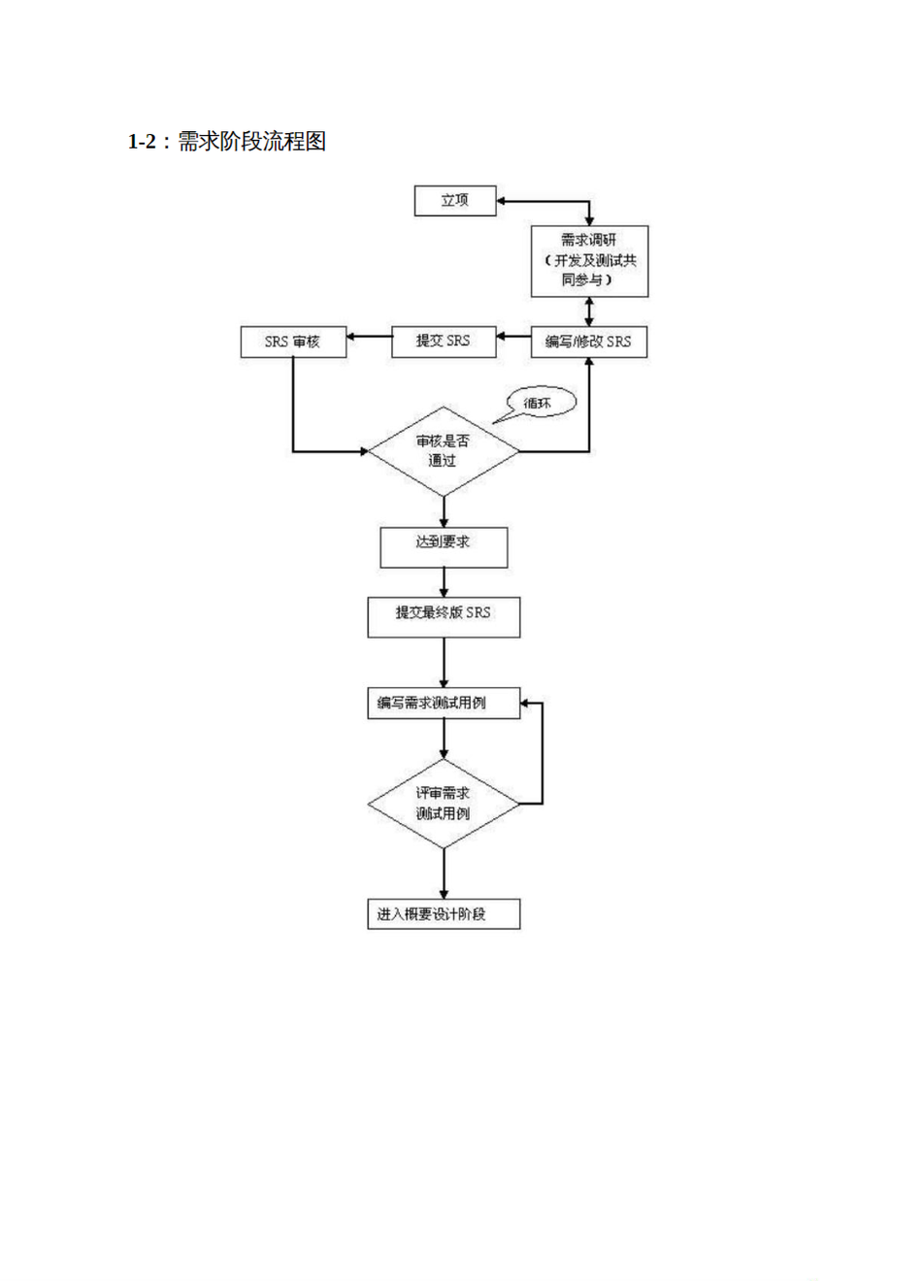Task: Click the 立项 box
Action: click(x=455, y=201)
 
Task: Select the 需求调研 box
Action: click(x=589, y=261)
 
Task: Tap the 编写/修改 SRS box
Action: click(x=588, y=342)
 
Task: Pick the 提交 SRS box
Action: click(x=443, y=342)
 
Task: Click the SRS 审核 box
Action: click(x=293, y=342)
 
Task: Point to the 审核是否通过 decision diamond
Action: click(x=444, y=451)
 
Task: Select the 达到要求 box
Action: click(x=444, y=547)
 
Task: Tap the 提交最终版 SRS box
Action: click(x=444, y=617)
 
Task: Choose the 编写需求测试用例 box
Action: click(x=444, y=703)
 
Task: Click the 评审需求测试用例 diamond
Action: click(x=444, y=804)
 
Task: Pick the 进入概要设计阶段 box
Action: click(x=444, y=914)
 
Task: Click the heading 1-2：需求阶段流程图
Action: click(x=227, y=142)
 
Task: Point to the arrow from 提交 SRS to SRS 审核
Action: click(x=369, y=338)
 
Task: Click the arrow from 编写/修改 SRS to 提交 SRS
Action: click(x=513, y=338)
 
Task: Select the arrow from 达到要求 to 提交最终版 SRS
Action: click(x=445, y=582)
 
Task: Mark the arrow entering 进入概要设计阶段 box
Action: click(x=445, y=873)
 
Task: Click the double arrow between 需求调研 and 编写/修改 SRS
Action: click(x=589, y=312)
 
